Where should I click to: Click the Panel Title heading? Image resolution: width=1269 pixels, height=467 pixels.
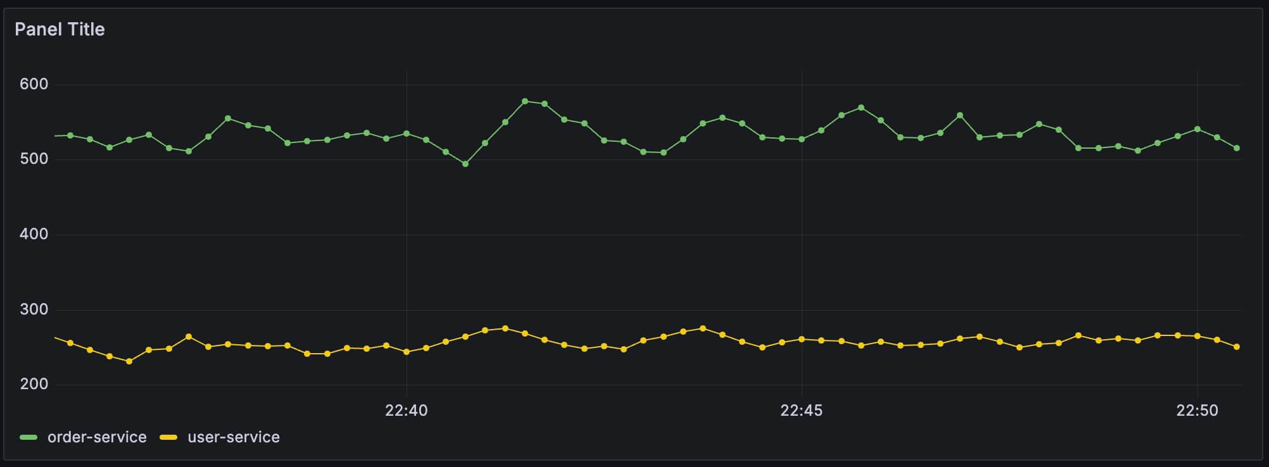60,29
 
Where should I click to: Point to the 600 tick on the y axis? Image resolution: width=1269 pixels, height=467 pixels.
34,84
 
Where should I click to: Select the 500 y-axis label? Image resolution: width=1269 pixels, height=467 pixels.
34,159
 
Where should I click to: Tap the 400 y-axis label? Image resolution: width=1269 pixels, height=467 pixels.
34,234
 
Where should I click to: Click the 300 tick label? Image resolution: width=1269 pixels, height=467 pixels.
34,309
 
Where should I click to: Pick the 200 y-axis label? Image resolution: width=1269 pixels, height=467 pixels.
34,384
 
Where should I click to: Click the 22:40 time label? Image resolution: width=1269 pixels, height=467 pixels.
406,411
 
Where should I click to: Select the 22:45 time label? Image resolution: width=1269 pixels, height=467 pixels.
801,411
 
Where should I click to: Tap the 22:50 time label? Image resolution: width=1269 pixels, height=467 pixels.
1197,411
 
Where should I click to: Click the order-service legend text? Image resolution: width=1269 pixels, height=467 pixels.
97,437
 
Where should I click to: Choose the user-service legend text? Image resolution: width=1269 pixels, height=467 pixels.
234,437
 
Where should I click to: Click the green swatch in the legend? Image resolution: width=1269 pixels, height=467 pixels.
28,437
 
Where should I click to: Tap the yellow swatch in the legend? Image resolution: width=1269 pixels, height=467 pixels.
168,437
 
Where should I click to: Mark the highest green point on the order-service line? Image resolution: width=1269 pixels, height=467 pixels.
525,101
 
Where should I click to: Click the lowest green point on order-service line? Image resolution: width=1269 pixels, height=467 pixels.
465,164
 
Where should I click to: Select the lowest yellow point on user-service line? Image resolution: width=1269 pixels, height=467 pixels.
129,361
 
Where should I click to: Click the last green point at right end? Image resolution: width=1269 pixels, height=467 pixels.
1237,148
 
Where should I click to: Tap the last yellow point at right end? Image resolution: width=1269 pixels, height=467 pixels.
1237,347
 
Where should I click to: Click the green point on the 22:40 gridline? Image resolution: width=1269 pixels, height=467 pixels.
407,134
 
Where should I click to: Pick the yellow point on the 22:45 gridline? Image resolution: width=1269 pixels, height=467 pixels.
802,339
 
